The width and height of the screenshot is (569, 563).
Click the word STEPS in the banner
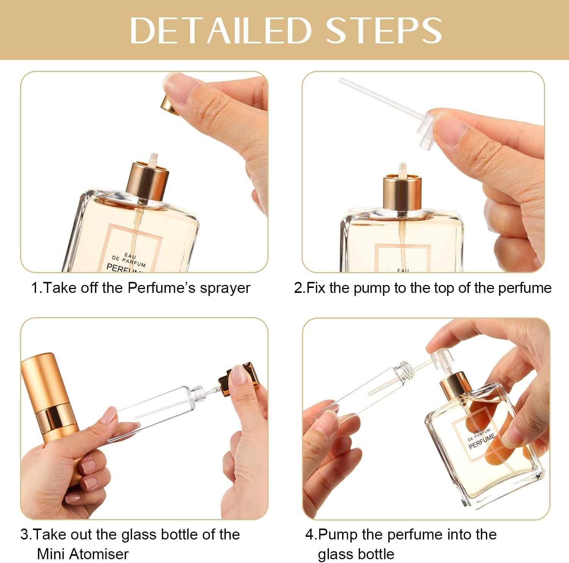click(384, 30)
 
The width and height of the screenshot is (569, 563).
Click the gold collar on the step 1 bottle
click(148, 181)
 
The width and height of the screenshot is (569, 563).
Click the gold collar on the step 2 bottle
click(402, 193)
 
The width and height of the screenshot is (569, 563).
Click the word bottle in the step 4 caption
click(374, 554)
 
